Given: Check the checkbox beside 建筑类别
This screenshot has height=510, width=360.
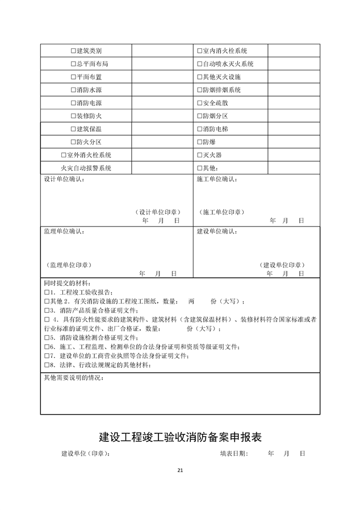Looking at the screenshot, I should pyautogui.click(x=73, y=51).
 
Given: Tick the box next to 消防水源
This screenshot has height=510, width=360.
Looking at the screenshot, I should pyautogui.click(x=73, y=90).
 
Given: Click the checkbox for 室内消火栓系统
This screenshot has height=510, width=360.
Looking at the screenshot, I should pyautogui.click(x=199, y=51).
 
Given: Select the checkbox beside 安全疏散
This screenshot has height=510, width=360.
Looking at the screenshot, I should pyautogui.click(x=199, y=103).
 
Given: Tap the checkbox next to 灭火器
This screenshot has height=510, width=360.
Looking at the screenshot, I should pyautogui.click(x=199, y=155).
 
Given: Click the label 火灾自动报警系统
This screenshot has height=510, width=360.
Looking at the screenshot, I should pyautogui.click(x=86, y=168).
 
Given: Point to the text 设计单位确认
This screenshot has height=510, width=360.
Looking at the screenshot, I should pyautogui.click(x=64, y=180).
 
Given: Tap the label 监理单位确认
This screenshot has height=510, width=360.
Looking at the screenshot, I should pyautogui.click(x=64, y=232).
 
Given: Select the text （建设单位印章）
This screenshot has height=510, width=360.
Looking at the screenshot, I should pyautogui.click(x=282, y=265).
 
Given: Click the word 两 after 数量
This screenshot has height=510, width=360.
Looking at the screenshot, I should pyautogui.click(x=191, y=301).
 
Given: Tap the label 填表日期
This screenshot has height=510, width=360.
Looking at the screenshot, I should pyautogui.click(x=234, y=454).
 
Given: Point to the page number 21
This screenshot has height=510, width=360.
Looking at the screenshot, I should pyautogui.click(x=180, y=470).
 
